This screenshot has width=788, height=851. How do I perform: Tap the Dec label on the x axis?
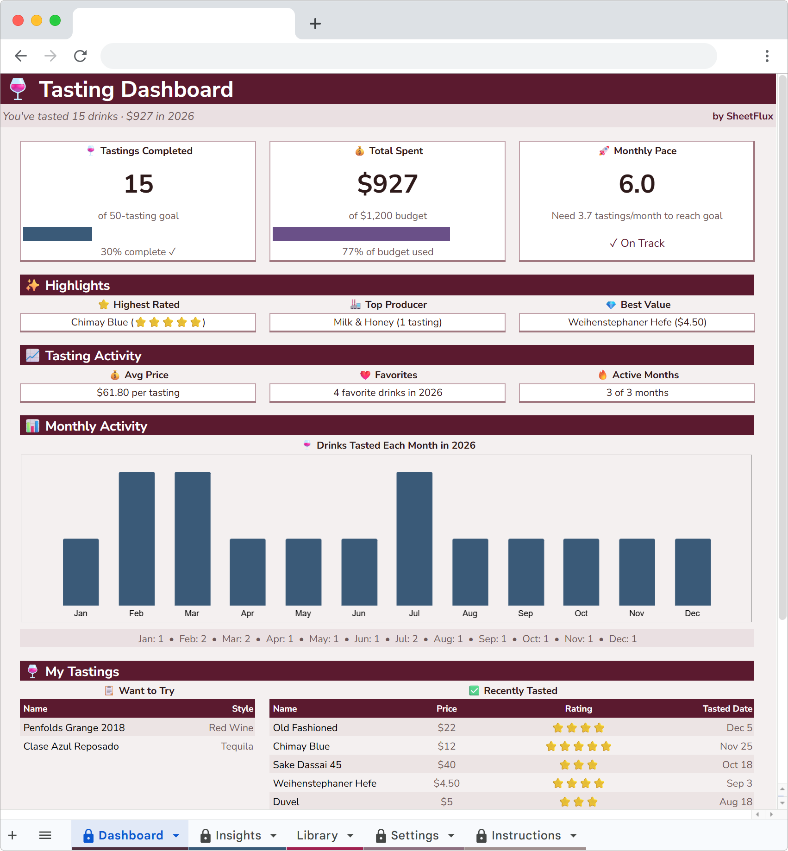pyautogui.click(x=692, y=613)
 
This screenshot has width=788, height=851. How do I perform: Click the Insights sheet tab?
pyautogui.click(x=238, y=835)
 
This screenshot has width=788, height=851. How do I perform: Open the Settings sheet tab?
pyautogui.click(x=414, y=835)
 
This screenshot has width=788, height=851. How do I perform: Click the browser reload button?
pyautogui.click(x=81, y=56)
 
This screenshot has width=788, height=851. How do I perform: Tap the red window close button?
pyautogui.click(x=18, y=20)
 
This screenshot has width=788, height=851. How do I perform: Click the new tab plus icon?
pyautogui.click(x=315, y=24)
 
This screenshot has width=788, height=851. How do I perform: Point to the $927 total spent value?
pyautogui.click(x=388, y=184)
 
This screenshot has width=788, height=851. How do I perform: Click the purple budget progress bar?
pyautogui.click(x=361, y=234)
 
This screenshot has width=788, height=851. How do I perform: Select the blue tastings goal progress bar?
pyautogui.click(x=57, y=234)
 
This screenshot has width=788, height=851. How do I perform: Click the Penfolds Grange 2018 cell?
pyautogui.click(x=74, y=727)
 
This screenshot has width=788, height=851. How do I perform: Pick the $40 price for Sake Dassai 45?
pyautogui.click(x=446, y=764)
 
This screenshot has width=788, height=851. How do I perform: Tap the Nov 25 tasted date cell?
pyautogui.click(x=736, y=746)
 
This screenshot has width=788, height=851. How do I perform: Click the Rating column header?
pyautogui.click(x=578, y=708)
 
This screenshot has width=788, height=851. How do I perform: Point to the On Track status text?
pyautogui.click(x=637, y=243)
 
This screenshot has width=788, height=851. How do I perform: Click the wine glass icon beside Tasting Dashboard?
pyautogui.click(x=18, y=89)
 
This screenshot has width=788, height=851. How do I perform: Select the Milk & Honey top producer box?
pyautogui.click(x=388, y=322)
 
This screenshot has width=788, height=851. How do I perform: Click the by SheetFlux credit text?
pyautogui.click(x=742, y=116)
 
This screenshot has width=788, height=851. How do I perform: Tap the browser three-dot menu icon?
pyautogui.click(x=767, y=56)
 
